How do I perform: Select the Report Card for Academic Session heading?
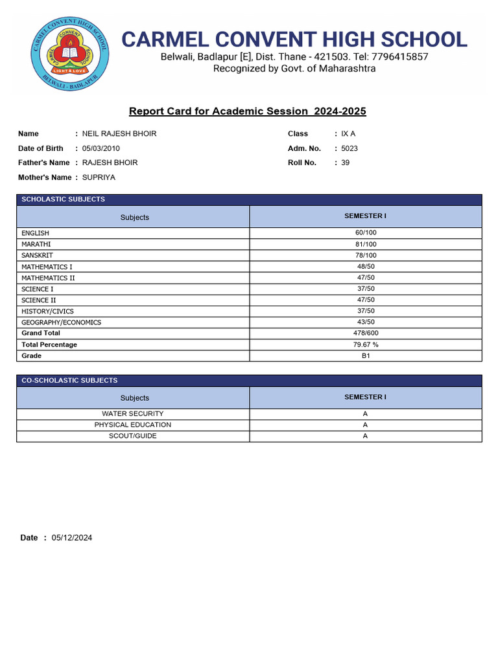click(247, 111)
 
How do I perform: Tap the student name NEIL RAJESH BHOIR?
click(119, 134)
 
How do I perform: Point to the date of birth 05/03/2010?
click(101, 148)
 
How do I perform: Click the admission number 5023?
click(350, 148)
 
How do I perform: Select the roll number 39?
click(345, 163)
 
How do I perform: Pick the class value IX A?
click(348, 134)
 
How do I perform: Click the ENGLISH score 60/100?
click(365, 233)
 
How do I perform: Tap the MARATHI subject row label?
click(36, 244)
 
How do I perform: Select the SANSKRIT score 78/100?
click(365, 256)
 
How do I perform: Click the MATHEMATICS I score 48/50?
click(365, 267)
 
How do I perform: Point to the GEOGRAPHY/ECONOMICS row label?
click(61, 322)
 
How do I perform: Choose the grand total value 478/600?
click(365, 333)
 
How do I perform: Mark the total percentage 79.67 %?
click(365, 345)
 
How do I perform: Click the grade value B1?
click(365, 356)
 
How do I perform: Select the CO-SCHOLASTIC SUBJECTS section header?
click(69, 381)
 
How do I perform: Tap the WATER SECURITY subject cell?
click(133, 414)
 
